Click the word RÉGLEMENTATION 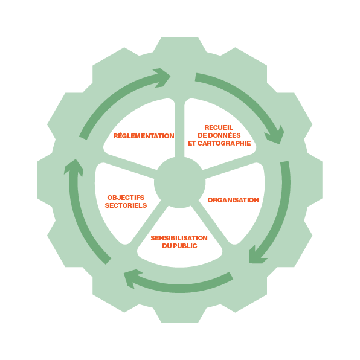click(144, 136)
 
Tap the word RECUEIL click(219, 127)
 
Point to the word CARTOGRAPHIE click(224, 143)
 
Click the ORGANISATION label click(233, 200)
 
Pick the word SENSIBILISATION click(179, 238)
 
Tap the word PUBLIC click(185, 246)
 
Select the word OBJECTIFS click(126, 198)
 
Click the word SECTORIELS click(126, 205)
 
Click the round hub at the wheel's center click(180, 182)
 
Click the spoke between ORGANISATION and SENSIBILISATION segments click(211, 222)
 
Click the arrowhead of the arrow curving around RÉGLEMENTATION click(162, 77)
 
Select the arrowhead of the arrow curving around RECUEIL click(275, 136)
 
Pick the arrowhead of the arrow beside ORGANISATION click(256, 256)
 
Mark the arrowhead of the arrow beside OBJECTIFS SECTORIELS click(74, 167)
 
